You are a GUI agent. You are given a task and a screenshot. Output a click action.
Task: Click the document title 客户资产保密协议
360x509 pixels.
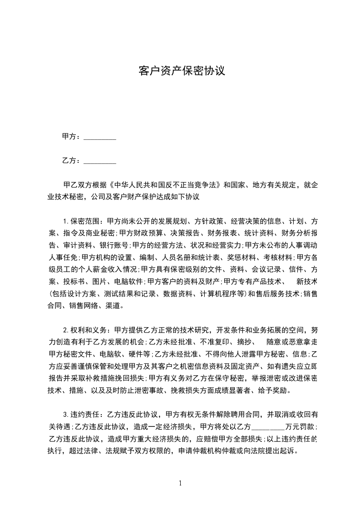click(x=181, y=71)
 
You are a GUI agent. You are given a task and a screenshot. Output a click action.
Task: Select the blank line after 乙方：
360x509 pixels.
click(x=100, y=161)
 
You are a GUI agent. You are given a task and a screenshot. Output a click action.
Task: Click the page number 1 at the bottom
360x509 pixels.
click(x=181, y=483)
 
